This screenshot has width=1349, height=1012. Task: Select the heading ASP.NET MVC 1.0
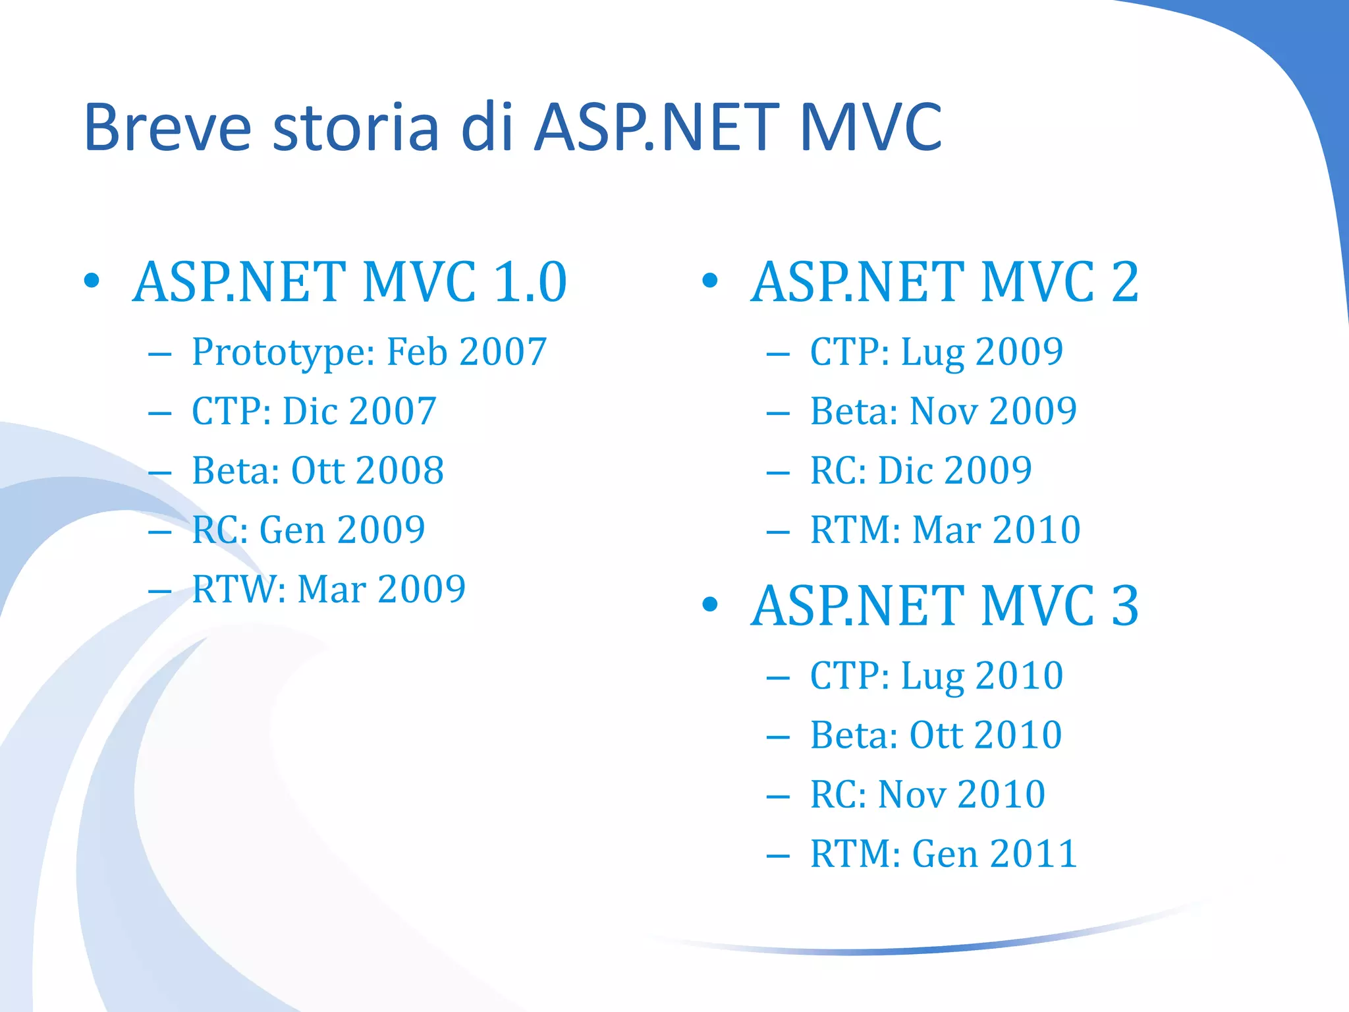pyautogui.click(x=349, y=282)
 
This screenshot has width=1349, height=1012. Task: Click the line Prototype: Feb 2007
pyautogui.click(x=369, y=352)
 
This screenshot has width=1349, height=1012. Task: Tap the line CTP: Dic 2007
pyautogui.click(x=314, y=412)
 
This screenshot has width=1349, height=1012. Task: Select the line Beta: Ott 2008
pyautogui.click(x=317, y=471)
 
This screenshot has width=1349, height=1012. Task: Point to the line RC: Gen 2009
pyautogui.click(x=308, y=530)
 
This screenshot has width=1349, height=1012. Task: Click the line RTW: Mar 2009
pyautogui.click(x=328, y=590)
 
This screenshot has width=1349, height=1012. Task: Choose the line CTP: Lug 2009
pyautogui.click(x=936, y=352)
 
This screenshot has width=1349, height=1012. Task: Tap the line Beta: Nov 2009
pyautogui.click(x=943, y=412)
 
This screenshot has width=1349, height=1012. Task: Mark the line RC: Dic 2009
pyautogui.click(x=920, y=471)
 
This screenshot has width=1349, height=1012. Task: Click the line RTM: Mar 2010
pyautogui.click(x=945, y=530)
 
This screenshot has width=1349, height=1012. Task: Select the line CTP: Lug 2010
pyautogui.click(x=936, y=676)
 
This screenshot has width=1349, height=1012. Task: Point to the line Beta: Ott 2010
pyautogui.click(x=935, y=735)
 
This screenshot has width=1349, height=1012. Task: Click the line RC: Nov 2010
pyautogui.click(x=927, y=795)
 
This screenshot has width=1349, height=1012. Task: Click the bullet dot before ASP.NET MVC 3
pyautogui.click(x=709, y=604)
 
